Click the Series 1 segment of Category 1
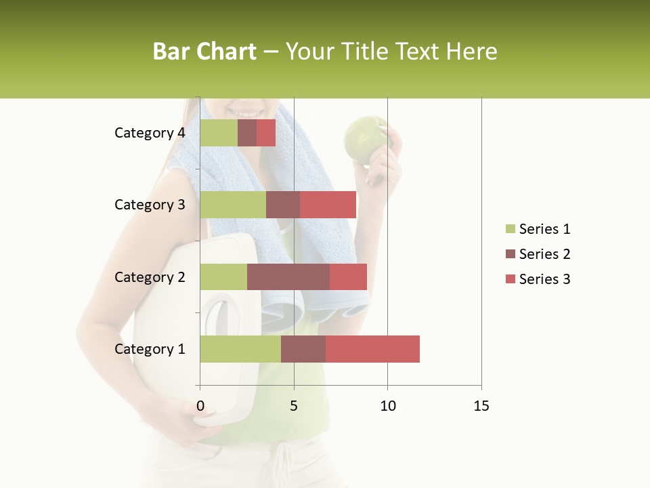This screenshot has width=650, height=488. pos(240,349)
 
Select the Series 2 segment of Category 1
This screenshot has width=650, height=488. pos(303,349)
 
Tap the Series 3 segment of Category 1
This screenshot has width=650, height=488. pos(372,349)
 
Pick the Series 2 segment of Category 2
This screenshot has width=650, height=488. pos(288,277)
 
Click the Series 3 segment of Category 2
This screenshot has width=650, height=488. pos(348,277)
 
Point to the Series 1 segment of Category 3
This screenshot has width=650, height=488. pos(233,205)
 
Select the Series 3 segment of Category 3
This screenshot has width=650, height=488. pos(328,205)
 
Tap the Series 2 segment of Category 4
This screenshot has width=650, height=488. pos(247,133)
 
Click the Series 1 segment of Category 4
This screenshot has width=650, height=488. pos(219,133)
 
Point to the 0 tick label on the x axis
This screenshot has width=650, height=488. pos(200,406)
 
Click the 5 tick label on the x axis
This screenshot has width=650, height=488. pos(294,406)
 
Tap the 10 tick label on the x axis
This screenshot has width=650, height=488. pos(387,406)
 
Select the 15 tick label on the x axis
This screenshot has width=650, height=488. pos(481,406)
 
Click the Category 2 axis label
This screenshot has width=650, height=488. pos(150,277)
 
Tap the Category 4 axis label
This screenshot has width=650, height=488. pos(150,133)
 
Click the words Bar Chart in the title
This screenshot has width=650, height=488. pos(204,52)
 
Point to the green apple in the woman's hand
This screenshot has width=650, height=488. pos(366,139)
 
